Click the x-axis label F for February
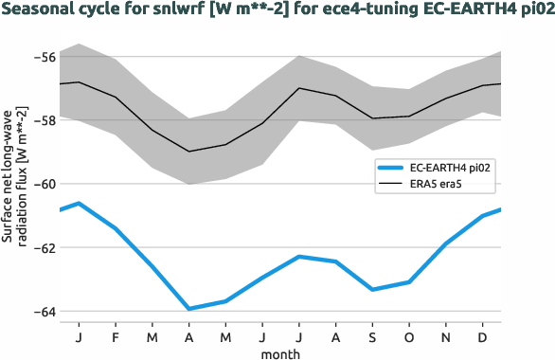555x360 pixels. coord(116,337)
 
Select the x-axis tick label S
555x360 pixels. coord(372,337)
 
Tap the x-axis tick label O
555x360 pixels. coord(409,337)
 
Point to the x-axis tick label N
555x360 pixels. coord(446,337)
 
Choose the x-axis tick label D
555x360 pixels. coord(483,337)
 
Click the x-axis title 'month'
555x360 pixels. coord(280,352)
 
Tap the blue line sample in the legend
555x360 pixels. coord(390,167)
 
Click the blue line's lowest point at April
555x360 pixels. coord(188,309)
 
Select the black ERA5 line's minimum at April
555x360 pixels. coord(188,152)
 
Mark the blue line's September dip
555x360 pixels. coord(372,289)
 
